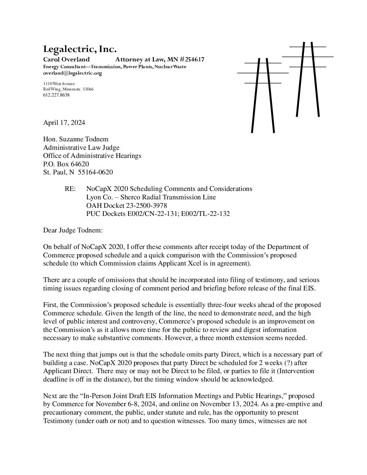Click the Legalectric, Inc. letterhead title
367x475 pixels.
tap(80, 50)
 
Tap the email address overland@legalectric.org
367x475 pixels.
tap(73, 73)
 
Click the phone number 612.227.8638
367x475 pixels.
tap(56, 95)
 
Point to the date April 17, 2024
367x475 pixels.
tap(64, 122)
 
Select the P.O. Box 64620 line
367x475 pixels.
tap(66, 164)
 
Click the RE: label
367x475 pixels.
tap(70, 189)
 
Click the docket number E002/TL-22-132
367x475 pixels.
tap(207, 214)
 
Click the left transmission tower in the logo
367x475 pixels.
tap(263, 94)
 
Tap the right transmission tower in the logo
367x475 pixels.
tap(308, 79)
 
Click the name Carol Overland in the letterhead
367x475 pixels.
tap(66, 60)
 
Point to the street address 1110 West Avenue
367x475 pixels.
tap(59, 84)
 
